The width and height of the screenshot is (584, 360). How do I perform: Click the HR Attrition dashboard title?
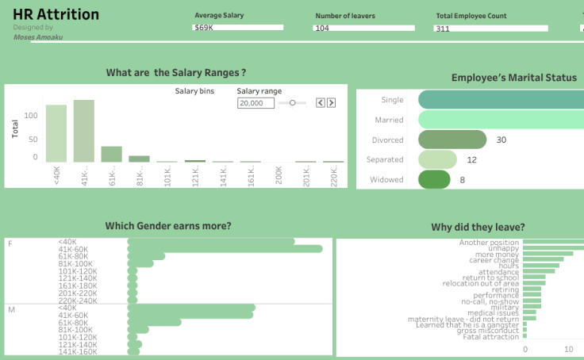(56, 15)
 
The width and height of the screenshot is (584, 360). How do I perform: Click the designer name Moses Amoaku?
(38, 36)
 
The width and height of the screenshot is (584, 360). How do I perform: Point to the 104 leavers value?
(322, 28)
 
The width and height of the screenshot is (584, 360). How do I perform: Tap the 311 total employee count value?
(442, 28)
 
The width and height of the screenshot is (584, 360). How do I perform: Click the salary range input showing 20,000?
(255, 103)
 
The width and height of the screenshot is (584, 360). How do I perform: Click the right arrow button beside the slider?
(331, 102)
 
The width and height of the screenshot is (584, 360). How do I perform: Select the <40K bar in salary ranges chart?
(56, 133)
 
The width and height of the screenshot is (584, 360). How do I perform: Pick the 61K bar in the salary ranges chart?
(111, 154)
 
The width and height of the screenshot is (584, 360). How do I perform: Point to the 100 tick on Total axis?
(31, 116)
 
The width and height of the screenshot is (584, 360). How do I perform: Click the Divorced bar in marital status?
(451, 140)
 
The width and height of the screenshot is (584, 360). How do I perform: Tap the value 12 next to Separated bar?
(471, 159)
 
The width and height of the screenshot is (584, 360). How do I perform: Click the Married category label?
(389, 120)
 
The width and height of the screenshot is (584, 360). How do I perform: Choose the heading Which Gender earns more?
(168, 227)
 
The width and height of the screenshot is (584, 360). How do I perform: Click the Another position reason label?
(489, 242)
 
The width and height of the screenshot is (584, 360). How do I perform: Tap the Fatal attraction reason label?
(491, 337)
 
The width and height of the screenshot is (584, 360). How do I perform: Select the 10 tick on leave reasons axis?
(568, 349)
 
